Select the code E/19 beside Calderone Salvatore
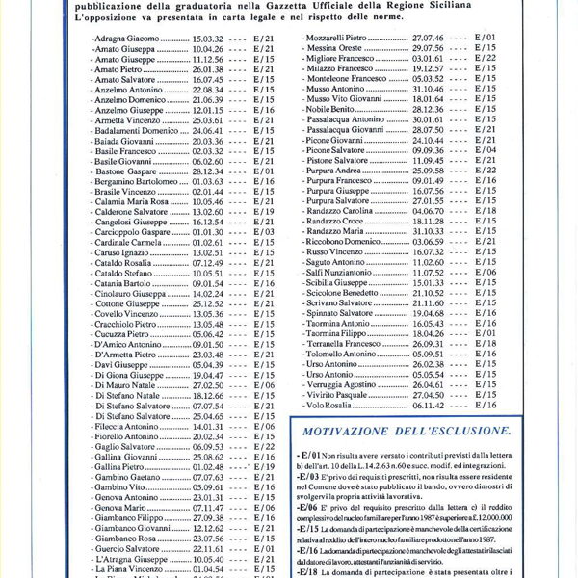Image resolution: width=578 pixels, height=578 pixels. pos(264,211)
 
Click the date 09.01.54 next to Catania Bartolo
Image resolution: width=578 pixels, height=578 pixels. pos(208,284)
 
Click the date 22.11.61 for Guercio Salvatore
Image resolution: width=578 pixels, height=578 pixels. pos(208,547)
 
